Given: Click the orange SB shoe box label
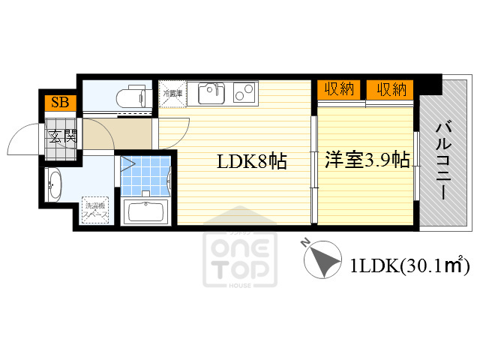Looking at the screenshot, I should [x=59, y=103].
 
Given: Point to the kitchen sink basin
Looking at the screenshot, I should [x=211, y=94].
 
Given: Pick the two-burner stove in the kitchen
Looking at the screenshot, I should [x=244, y=93].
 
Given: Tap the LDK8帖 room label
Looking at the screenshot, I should [x=252, y=161].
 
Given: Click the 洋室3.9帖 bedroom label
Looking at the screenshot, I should [x=367, y=160].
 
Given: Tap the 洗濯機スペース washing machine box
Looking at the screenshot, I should [x=96, y=210].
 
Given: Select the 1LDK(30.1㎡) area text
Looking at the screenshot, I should [x=409, y=265].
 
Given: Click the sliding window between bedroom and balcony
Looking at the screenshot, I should [x=415, y=166].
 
